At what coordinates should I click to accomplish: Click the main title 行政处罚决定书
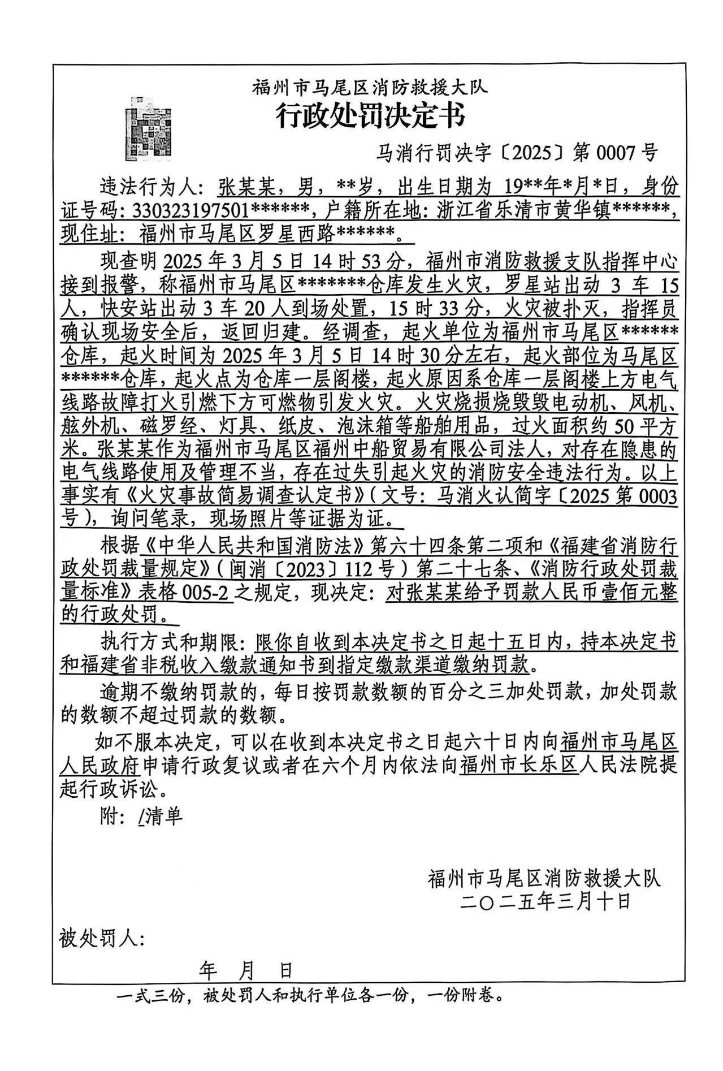370,116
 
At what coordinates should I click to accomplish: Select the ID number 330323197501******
221,211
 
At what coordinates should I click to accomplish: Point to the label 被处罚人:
102,939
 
